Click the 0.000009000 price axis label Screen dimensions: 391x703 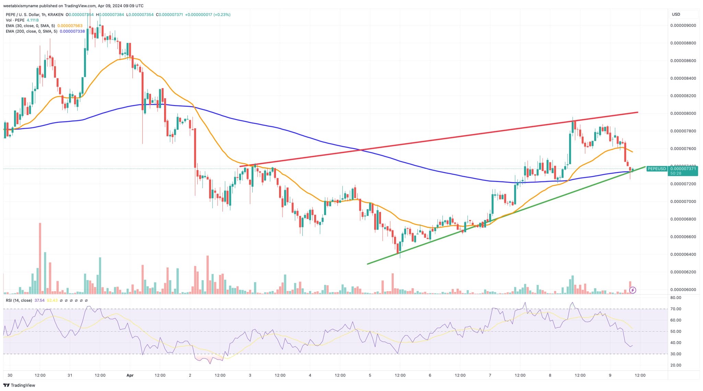(683, 25)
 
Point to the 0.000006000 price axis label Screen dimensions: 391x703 (683, 290)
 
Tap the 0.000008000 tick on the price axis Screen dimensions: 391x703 (683, 114)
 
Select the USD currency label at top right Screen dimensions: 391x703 (676, 14)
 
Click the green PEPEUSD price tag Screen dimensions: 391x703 (656, 169)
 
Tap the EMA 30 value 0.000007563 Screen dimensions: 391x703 (70, 26)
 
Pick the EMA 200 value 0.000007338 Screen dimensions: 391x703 (72, 31)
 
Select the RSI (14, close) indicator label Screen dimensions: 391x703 (19, 300)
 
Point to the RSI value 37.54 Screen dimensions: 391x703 (39, 300)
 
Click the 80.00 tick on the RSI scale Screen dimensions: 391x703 (676, 298)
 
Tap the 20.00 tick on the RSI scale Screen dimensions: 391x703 (676, 365)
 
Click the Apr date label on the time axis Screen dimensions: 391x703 (130, 375)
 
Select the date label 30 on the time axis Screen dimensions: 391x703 (10, 375)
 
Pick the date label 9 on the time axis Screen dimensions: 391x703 (610, 375)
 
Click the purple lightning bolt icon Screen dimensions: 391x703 (633, 290)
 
